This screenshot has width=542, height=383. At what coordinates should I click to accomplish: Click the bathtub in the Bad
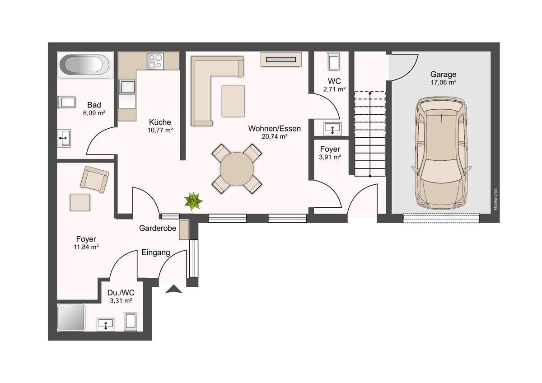(x=85, y=65)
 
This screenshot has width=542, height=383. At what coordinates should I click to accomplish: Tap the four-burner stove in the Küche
(x=155, y=61)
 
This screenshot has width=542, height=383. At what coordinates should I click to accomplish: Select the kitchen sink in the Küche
(x=127, y=87)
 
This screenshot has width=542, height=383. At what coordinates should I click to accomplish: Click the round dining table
(x=237, y=169)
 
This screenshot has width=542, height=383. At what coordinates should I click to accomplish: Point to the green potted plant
(x=193, y=201)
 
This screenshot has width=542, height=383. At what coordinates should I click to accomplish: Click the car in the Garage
(x=441, y=153)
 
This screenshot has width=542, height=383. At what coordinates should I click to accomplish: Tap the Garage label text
(x=443, y=74)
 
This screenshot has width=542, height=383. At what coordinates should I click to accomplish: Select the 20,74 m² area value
(x=275, y=137)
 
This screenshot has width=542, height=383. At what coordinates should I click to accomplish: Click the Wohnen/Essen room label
(x=275, y=128)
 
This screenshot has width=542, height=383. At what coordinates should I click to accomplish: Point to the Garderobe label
(x=158, y=228)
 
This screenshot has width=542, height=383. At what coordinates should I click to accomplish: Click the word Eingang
(x=155, y=252)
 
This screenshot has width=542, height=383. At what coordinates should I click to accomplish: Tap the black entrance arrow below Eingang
(x=173, y=289)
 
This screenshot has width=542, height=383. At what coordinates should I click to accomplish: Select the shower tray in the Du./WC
(x=71, y=317)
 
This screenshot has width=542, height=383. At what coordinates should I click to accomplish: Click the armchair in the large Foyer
(x=94, y=179)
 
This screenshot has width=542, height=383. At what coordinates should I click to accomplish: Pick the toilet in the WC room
(x=334, y=61)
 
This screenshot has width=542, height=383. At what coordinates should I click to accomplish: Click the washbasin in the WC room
(x=332, y=129)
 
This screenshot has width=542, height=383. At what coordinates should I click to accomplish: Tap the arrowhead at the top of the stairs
(x=370, y=93)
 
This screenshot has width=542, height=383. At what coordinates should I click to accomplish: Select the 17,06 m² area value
(x=443, y=82)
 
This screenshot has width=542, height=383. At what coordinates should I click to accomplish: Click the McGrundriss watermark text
(x=495, y=199)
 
